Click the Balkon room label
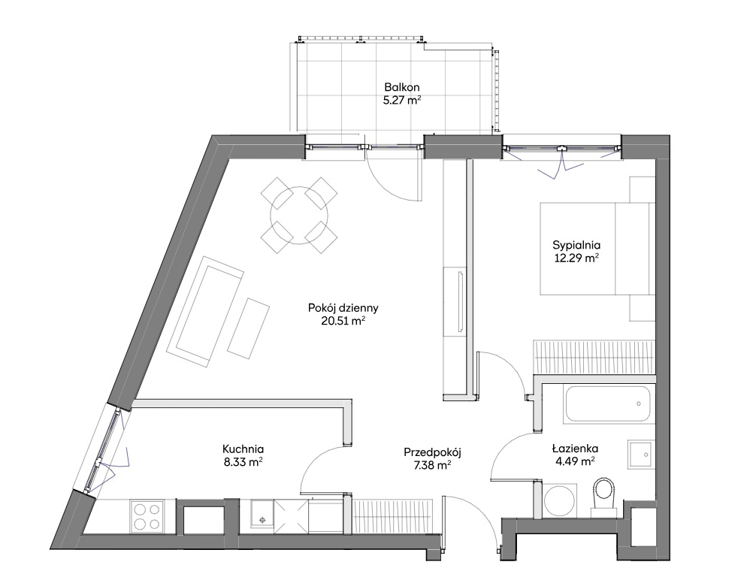pos(402,87)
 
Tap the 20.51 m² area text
pos(343,321)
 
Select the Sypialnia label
pos(576,246)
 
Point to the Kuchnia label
pos(243,449)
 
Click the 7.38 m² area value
pos(432,466)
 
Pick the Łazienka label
pos(575,449)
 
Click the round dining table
pos(299,215)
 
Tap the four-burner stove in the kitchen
pos(147,516)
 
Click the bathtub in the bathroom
pos(607,404)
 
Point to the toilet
pos(603,496)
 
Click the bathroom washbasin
pos(641,454)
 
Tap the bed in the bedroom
pos(597,248)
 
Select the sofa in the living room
pos(204,311)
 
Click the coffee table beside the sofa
pos(248,328)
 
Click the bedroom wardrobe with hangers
pos(594,357)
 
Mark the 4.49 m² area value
pos(576,461)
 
